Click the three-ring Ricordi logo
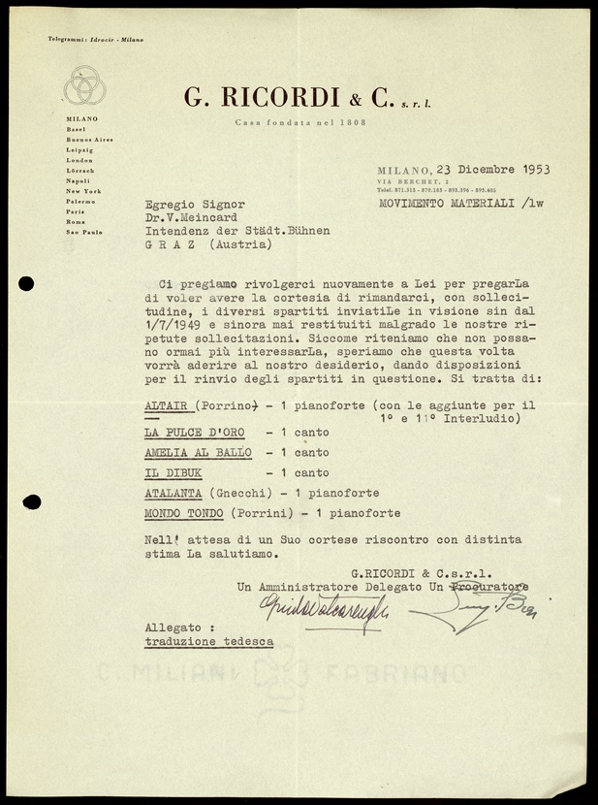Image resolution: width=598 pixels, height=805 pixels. [84, 85]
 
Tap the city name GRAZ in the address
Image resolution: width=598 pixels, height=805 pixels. [170, 245]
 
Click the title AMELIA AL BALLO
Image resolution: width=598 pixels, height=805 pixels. [197, 453]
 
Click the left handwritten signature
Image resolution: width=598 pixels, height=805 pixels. [323, 607]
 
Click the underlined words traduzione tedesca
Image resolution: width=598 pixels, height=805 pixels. [208, 642]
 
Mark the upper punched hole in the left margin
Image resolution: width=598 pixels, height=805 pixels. [25, 284]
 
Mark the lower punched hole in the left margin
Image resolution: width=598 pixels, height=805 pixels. [30, 502]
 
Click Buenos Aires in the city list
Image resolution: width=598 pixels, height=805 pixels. [90, 139]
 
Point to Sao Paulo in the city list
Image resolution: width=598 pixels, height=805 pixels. [84, 233]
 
